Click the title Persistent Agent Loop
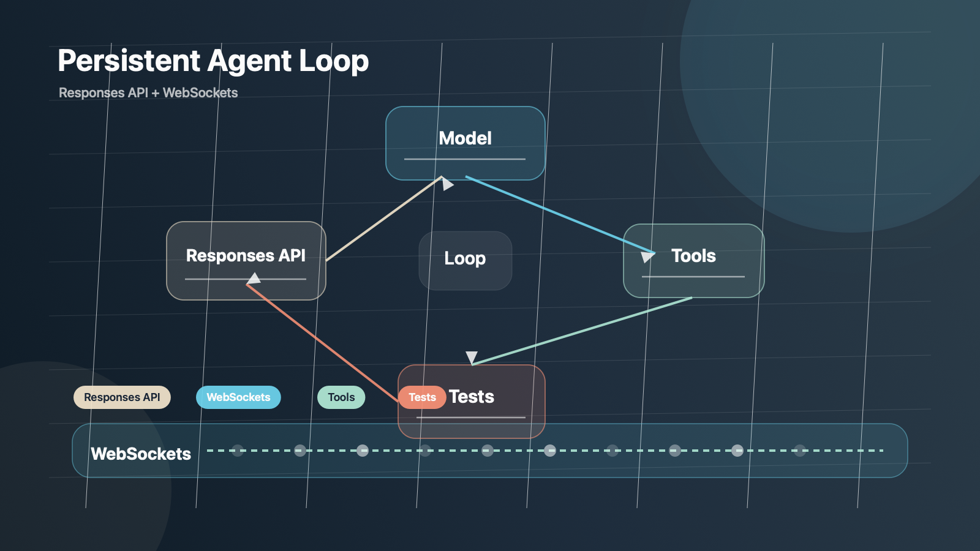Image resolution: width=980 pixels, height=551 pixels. click(213, 61)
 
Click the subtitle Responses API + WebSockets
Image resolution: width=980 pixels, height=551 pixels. click(148, 93)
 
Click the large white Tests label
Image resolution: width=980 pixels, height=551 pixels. click(472, 397)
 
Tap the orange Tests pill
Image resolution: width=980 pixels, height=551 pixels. click(422, 397)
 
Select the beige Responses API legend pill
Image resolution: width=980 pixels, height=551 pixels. click(122, 397)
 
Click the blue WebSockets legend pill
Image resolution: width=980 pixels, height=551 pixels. click(238, 397)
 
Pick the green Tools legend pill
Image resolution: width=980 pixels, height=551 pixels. click(341, 397)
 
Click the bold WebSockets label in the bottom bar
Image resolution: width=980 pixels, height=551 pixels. click(141, 454)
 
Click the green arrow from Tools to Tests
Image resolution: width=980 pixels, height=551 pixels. click(582, 331)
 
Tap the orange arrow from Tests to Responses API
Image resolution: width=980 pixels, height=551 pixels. click(322, 343)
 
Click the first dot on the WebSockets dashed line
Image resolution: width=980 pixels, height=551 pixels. click(238, 451)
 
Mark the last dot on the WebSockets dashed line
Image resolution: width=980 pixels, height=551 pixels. click(800, 451)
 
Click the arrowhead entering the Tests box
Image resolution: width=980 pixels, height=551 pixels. click(472, 358)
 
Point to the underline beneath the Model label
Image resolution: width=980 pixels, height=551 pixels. click(465, 159)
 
